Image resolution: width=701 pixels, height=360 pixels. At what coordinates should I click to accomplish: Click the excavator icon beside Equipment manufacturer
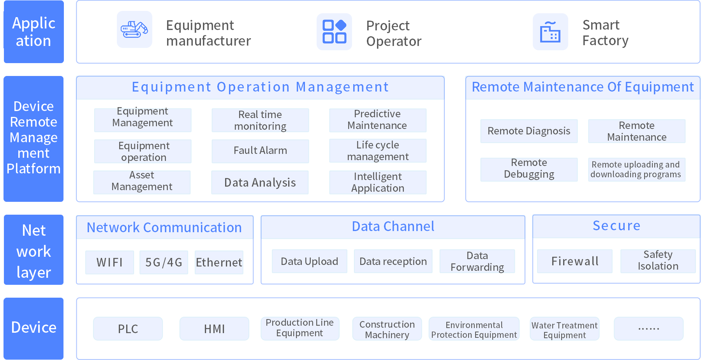pos(134,30)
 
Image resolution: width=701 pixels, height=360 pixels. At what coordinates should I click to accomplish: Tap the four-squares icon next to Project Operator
pos(334,32)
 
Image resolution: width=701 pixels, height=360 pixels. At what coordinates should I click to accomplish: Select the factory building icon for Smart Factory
pos(550,32)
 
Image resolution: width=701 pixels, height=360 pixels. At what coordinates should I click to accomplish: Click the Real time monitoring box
pos(260,120)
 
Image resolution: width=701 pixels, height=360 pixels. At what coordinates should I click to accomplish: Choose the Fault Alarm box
pos(260,151)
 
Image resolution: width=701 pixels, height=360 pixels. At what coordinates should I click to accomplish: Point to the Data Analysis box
pos(260,182)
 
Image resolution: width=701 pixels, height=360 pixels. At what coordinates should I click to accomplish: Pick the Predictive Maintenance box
pos(378,120)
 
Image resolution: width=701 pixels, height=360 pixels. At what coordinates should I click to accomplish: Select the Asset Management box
pos(142,182)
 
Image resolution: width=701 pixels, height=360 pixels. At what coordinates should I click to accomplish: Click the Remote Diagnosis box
pos(529,131)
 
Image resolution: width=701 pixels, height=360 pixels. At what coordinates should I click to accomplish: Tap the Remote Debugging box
pos(529,169)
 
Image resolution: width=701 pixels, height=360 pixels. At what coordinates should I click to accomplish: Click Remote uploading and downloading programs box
pos(637,169)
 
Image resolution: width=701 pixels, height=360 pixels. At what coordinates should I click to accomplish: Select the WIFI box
pos(110,262)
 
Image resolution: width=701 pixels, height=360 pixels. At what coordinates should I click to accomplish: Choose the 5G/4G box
pos(164,262)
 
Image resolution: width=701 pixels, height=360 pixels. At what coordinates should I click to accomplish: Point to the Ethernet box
pos(219,262)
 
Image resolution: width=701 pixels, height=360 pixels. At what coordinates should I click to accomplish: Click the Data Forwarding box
pos(477,261)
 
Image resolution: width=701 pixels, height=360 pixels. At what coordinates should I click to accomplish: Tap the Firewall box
pos(575,261)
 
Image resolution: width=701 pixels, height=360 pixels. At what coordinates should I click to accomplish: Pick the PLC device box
pos(128,329)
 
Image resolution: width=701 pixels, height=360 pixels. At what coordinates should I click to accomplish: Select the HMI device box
pos(214,329)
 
